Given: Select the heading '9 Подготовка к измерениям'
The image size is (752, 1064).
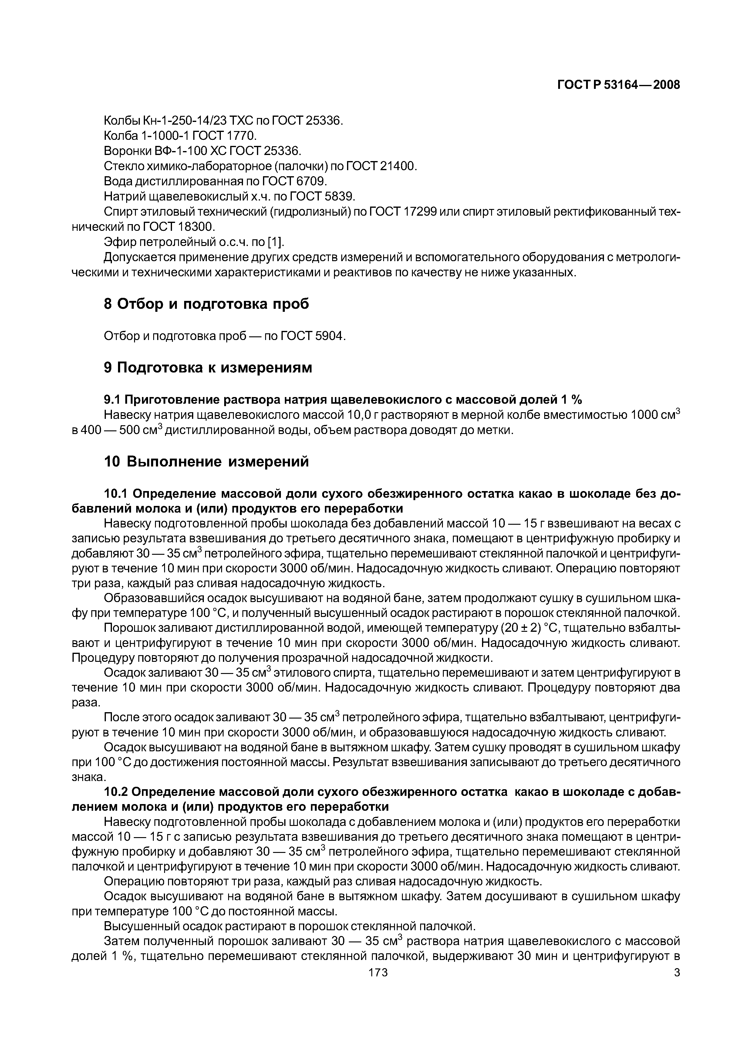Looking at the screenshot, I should pyautogui.click(x=208, y=368).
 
